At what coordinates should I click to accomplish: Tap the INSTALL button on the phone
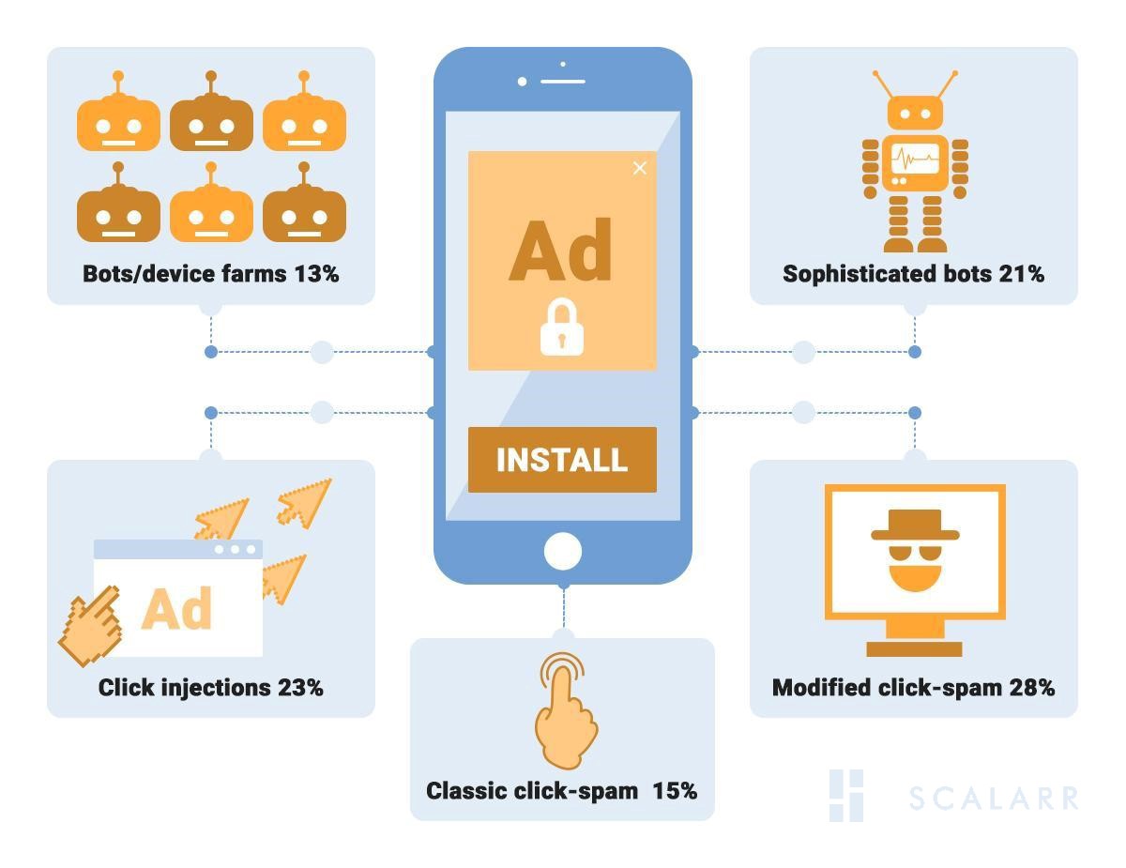point(562,460)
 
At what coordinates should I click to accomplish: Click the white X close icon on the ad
point(640,168)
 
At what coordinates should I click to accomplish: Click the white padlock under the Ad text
point(562,328)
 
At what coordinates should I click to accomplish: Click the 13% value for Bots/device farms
point(316,274)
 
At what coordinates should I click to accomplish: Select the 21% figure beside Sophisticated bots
point(1021,274)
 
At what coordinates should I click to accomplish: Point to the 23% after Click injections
point(300,688)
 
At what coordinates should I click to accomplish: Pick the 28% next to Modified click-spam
point(1031,688)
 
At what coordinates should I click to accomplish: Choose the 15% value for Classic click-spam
point(675,791)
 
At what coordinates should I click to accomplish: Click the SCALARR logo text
point(993,799)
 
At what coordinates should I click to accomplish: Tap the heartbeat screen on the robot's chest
point(914,159)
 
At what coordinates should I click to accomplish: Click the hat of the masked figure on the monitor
point(915,525)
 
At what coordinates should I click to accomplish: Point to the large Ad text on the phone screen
point(560,251)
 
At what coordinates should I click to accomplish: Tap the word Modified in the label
point(821,688)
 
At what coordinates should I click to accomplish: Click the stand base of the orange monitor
point(914,648)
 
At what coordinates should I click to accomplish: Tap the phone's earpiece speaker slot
point(563,82)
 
